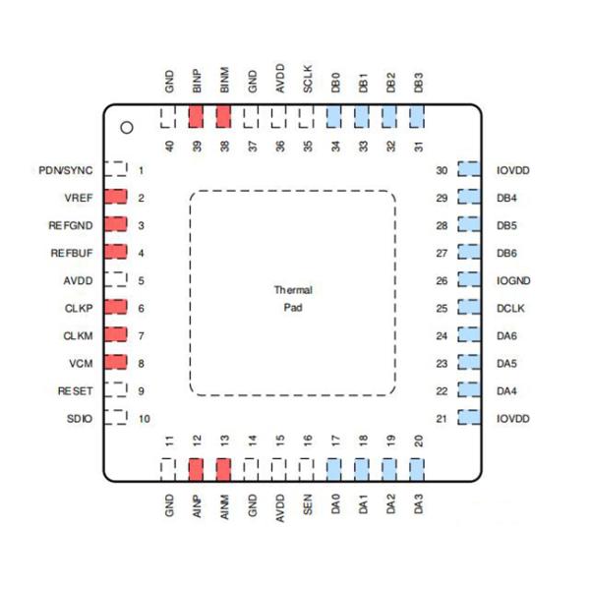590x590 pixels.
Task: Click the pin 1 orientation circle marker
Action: coord(126,127)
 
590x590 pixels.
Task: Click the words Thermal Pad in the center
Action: coord(292,299)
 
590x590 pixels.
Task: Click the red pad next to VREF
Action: coord(116,198)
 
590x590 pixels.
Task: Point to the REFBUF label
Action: coord(71,253)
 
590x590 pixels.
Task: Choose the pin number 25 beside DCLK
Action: coord(442,308)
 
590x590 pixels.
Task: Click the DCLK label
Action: coord(512,308)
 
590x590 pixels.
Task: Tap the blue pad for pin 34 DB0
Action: coord(334,118)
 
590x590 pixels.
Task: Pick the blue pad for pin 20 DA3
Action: coord(418,469)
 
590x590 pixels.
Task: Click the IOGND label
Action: coord(514,280)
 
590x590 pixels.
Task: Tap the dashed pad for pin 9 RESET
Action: coord(116,390)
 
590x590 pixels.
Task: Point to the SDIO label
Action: coord(81,418)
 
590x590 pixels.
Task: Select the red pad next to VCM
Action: coord(116,363)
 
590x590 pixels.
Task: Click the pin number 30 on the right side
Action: coord(442,170)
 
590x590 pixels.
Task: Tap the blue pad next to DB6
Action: coord(469,253)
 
